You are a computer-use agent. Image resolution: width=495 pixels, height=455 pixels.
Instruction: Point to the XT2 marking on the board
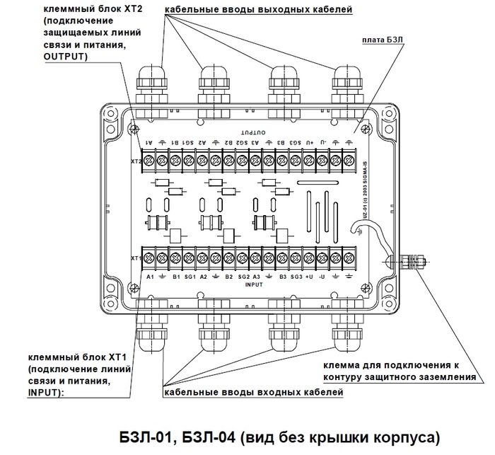tap(135, 161)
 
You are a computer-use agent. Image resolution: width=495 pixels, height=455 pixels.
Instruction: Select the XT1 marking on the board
tap(135, 259)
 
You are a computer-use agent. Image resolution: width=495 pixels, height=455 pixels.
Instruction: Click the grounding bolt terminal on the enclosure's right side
tap(410, 261)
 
